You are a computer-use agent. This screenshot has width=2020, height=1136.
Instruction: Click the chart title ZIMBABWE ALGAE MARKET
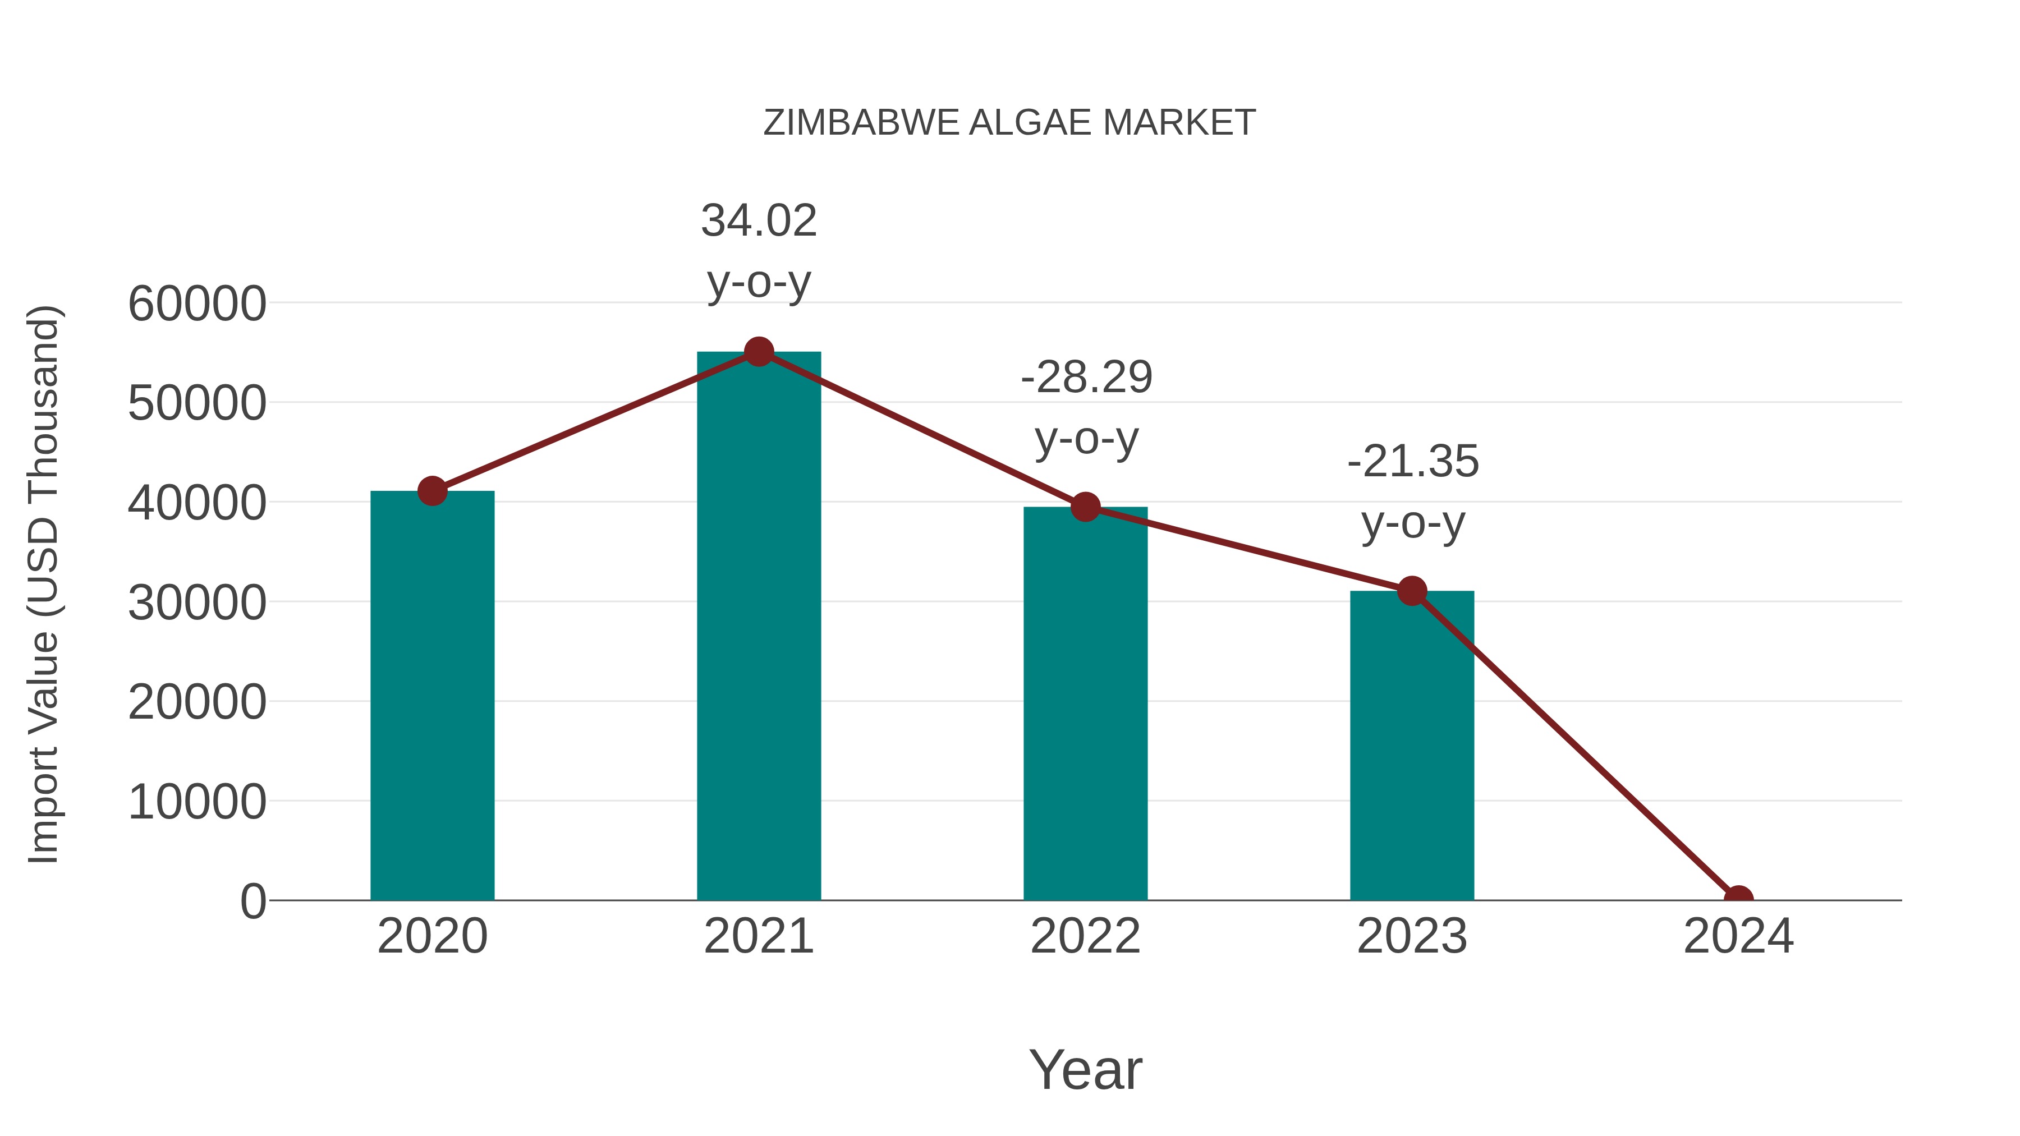1009,123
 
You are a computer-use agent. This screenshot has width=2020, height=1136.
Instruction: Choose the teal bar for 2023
1412,745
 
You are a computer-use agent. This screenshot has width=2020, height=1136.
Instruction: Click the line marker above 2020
432,491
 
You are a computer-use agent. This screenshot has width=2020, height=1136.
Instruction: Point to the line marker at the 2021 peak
758,352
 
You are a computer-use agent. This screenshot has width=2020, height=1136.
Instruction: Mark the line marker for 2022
1085,507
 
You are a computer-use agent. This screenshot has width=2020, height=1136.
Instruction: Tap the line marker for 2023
1412,591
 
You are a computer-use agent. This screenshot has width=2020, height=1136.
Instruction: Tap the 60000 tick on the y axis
197,303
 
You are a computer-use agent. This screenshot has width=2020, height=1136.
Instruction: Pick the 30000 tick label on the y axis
197,603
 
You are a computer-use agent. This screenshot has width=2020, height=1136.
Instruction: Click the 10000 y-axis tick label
197,802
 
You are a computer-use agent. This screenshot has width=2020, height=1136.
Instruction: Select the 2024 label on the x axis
1738,936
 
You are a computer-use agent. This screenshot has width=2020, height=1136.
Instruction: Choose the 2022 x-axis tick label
1085,936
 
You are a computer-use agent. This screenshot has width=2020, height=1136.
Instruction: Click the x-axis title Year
1085,1069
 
